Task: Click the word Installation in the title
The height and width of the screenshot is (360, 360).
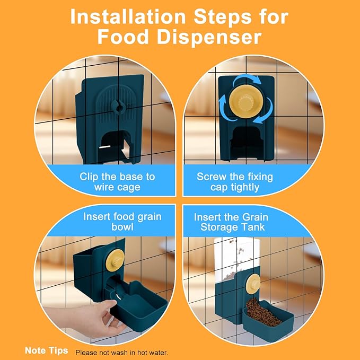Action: [128, 16]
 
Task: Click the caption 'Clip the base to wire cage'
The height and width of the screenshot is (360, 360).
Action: [117, 182]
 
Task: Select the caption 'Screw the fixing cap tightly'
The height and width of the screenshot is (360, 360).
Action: [235, 182]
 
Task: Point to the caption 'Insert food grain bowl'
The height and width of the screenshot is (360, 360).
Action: [122, 222]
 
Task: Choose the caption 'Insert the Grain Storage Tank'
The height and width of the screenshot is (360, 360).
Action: [231, 222]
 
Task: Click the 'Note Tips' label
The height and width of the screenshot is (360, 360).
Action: [46, 350]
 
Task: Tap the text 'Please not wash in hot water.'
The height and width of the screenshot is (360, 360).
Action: [122, 353]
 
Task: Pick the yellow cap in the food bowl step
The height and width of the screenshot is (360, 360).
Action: [115, 260]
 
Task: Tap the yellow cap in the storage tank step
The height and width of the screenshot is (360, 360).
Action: [253, 283]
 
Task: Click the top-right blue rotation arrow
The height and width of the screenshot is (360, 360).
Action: [248, 82]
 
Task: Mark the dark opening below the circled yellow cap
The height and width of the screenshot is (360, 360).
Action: [247, 140]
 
